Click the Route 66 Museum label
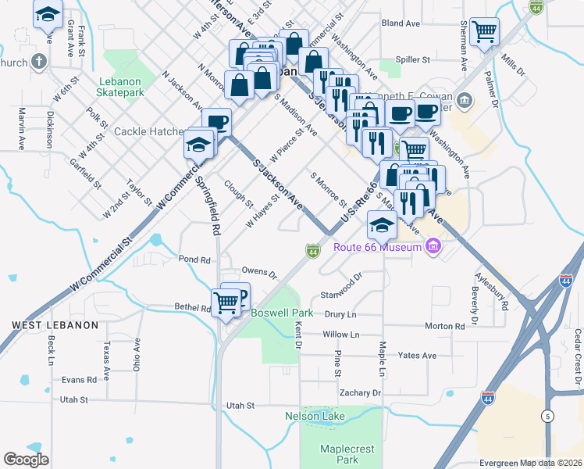(x=378, y=248)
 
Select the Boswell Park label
(x=282, y=313)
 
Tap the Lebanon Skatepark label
(x=120, y=86)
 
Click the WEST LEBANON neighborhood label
(x=55, y=324)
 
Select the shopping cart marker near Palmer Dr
(x=485, y=32)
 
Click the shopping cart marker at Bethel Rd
(x=226, y=301)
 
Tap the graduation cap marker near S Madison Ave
(x=382, y=226)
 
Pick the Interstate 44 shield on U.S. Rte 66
(x=312, y=251)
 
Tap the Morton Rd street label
(x=445, y=325)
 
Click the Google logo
(x=26, y=459)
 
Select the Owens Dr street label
(x=259, y=273)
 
